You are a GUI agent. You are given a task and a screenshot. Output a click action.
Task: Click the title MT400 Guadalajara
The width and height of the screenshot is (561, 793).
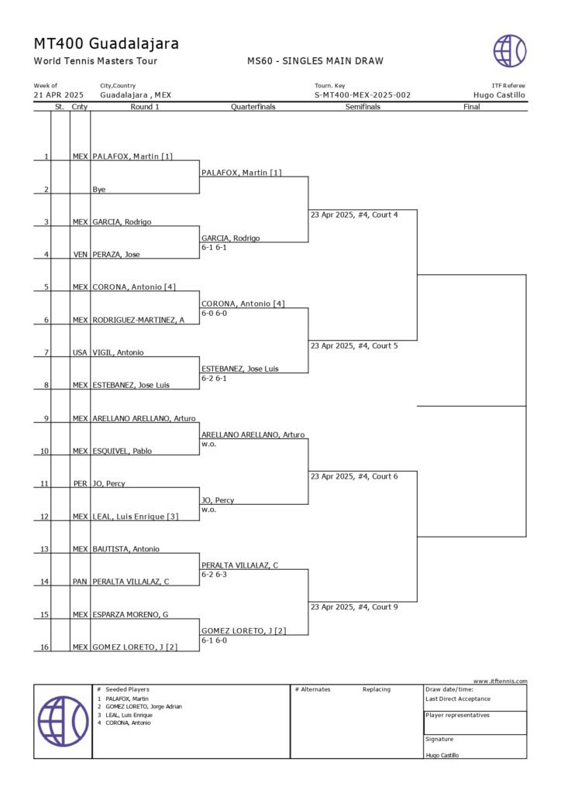(106, 43)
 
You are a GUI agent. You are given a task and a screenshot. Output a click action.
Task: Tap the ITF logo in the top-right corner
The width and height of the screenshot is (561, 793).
(510, 50)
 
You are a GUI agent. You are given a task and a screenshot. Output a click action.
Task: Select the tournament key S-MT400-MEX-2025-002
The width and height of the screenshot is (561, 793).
(363, 95)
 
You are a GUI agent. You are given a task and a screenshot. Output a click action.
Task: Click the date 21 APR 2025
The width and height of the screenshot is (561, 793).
(59, 95)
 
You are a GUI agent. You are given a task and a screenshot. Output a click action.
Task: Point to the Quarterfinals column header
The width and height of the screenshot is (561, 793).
(253, 107)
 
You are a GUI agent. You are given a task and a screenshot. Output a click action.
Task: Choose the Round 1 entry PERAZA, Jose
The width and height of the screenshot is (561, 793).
(116, 255)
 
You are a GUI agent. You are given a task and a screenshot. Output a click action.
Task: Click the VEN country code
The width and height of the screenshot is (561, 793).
(80, 255)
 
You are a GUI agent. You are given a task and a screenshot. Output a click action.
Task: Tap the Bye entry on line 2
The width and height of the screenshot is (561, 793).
(99, 189)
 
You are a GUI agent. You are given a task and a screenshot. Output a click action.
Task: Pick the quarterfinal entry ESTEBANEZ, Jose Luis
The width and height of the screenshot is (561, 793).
(239, 369)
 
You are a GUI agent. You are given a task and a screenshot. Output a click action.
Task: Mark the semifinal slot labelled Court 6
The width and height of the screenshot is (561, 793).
(354, 476)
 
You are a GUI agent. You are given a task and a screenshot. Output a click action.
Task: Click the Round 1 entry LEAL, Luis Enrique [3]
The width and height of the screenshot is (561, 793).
(135, 517)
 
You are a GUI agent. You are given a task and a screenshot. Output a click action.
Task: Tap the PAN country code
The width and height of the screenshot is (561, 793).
(80, 582)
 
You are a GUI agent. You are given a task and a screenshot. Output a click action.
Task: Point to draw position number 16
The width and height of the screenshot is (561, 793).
(45, 647)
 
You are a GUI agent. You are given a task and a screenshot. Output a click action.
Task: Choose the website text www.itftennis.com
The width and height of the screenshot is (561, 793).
(500, 681)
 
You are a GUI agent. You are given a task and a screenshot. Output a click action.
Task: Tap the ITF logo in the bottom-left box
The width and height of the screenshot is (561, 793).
(63, 721)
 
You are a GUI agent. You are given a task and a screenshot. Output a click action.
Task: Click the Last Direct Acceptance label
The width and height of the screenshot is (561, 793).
(458, 699)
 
